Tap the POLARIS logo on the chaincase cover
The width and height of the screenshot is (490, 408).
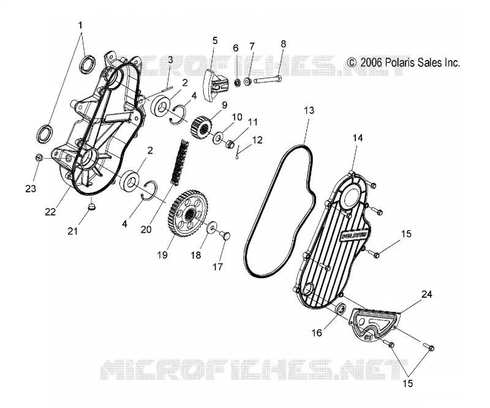(355, 236)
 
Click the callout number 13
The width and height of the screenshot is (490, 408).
(309, 111)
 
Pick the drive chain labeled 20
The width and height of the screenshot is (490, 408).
(179, 162)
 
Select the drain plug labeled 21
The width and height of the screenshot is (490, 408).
(91, 207)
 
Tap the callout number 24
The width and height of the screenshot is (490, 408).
(426, 294)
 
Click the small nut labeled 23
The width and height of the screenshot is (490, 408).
(39, 157)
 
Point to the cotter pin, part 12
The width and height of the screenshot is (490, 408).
(238, 153)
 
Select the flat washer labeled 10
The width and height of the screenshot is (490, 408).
(217, 138)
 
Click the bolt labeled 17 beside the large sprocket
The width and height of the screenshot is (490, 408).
(225, 236)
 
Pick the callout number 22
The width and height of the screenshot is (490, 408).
(50, 212)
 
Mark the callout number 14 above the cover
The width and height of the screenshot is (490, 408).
(358, 138)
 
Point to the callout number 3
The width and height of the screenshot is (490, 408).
(170, 59)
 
